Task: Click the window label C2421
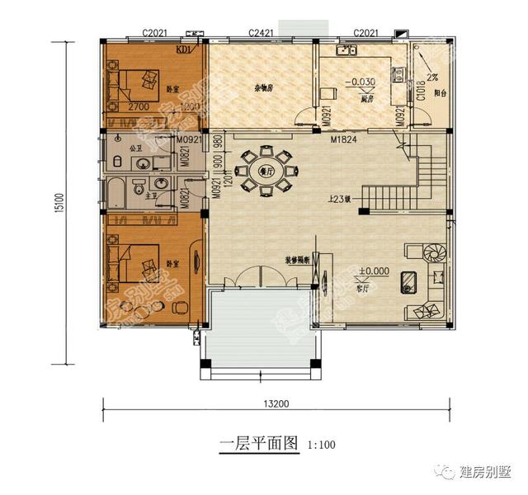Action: (262, 33)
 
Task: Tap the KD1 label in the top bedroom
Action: (184, 49)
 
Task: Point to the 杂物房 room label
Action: (262, 86)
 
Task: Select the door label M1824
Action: (343, 141)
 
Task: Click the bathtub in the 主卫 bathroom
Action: (115, 195)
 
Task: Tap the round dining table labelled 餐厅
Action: (266, 171)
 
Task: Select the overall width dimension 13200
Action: (276, 404)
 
